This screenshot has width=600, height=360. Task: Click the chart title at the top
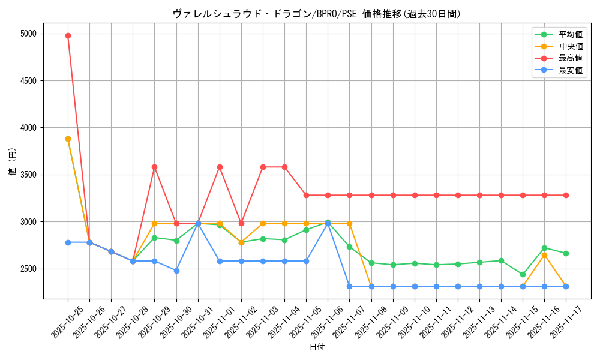click(317, 14)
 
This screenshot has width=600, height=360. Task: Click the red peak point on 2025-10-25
click(68, 35)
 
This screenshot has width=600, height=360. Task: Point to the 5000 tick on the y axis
click(28, 34)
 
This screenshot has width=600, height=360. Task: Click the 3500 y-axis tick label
click(28, 175)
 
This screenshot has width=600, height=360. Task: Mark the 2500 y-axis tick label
click(28, 269)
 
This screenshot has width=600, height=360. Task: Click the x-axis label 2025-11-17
click(562, 321)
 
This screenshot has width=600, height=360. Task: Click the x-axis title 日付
click(317, 347)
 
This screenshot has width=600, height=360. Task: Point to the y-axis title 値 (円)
click(12, 162)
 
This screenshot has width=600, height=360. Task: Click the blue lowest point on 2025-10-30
click(176, 271)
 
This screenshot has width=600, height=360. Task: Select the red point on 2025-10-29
click(154, 167)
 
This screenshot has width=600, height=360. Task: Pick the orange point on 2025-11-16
click(544, 255)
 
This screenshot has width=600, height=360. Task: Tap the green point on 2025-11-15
click(523, 274)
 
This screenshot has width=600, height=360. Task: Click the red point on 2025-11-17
click(566, 195)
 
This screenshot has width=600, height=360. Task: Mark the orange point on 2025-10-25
click(68, 139)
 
